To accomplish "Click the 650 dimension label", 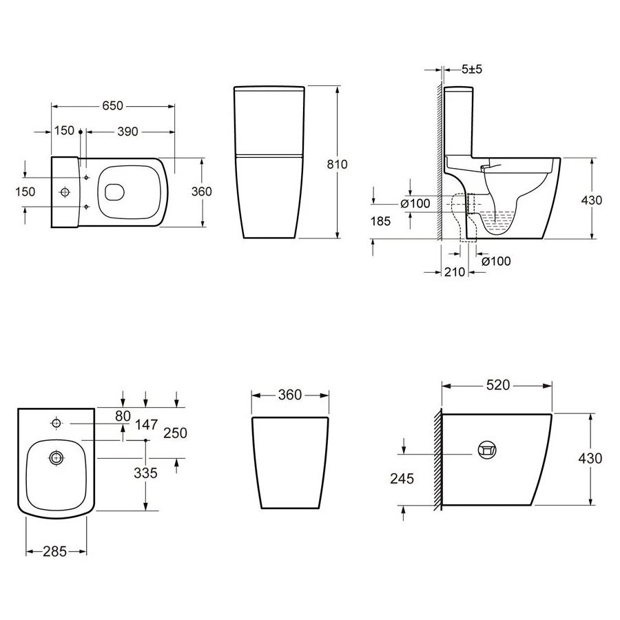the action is pos(113,106).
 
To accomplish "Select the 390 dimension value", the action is pos(127,132).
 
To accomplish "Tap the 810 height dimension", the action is pos(337,164).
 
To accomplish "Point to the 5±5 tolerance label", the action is pos(472,69).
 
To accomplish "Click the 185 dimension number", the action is pos(380,221).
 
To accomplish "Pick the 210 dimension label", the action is pos(455,272).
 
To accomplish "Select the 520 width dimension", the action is pos(498,385).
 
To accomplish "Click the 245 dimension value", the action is pos(402,479).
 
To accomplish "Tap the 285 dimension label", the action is pos(54,552).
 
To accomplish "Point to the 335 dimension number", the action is pos(145,473).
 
